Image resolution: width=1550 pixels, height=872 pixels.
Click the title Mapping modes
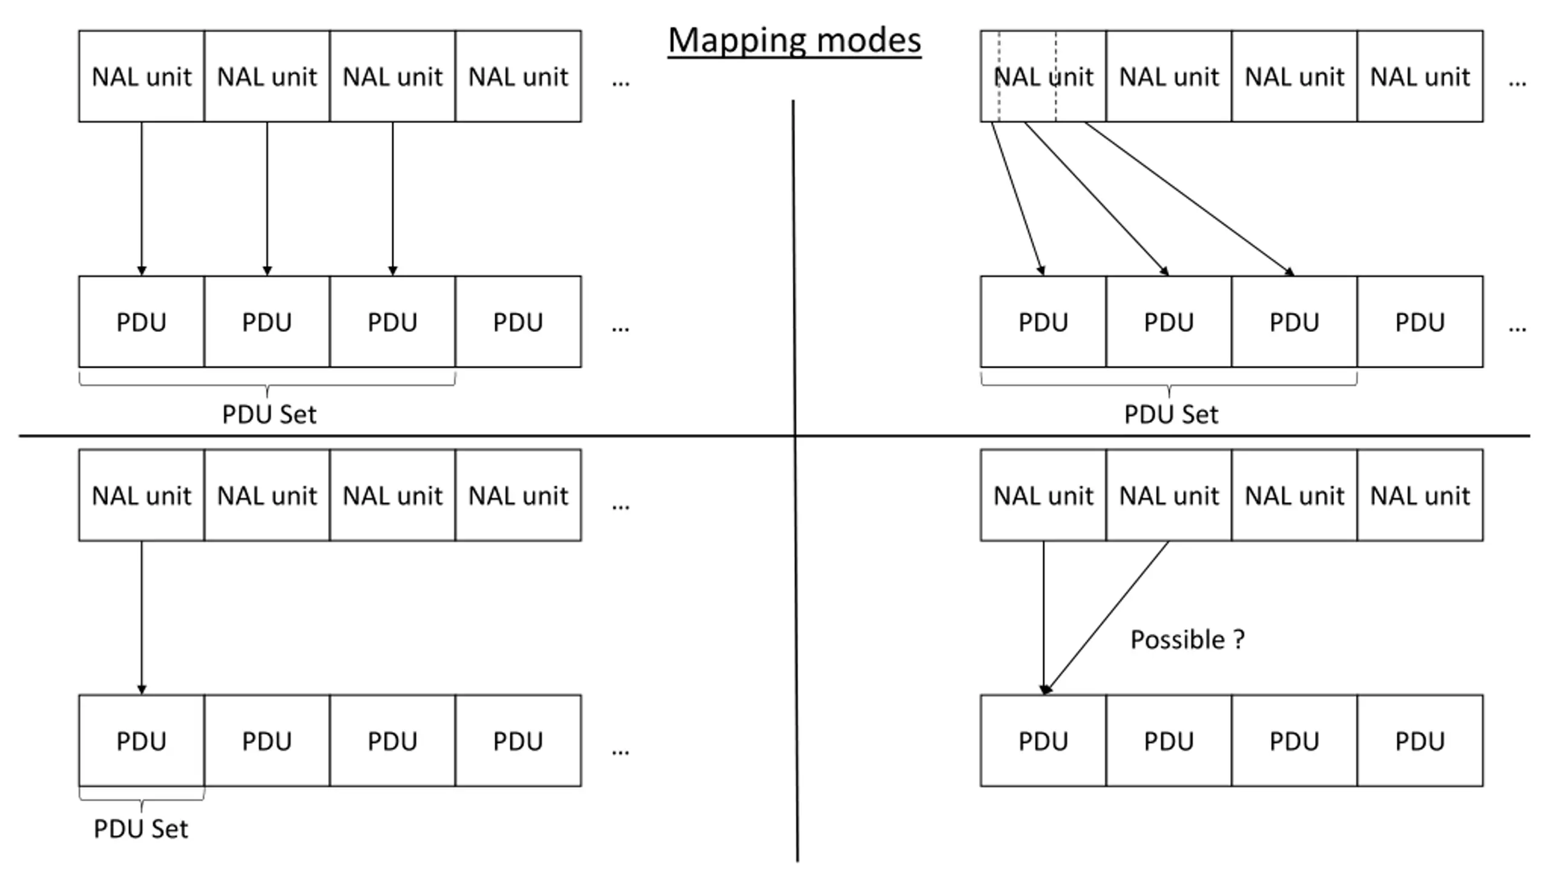point(794,41)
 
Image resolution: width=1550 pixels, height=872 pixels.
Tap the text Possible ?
point(1187,639)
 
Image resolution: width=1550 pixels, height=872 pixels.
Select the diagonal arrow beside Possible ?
point(1106,617)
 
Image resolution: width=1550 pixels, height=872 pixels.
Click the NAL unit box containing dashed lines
point(1043,76)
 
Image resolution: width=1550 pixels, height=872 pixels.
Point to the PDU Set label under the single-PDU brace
point(140,828)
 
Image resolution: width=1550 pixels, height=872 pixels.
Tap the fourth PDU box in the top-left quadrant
point(518,322)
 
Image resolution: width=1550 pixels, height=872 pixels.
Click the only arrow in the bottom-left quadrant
point(142,618)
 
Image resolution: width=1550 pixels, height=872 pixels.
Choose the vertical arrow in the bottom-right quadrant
point(1043,618)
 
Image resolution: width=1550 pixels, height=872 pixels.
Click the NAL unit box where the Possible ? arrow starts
point(1169,495)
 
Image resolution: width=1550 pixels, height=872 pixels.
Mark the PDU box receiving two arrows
point(1043,741)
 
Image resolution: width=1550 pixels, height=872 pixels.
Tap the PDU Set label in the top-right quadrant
point(1171,415)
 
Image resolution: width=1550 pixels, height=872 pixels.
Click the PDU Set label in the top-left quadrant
point(269,415)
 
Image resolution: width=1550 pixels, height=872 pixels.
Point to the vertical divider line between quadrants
point(795,481)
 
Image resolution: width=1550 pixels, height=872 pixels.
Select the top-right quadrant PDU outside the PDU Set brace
point(1420,322)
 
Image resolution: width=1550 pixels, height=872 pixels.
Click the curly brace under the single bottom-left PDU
point(142,799)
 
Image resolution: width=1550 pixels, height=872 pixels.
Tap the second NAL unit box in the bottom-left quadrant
point(267,495)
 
